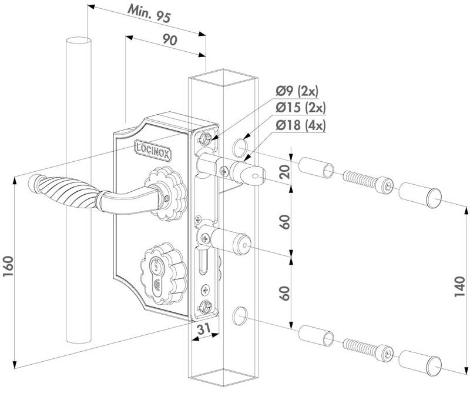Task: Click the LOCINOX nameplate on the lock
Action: [153, 146]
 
